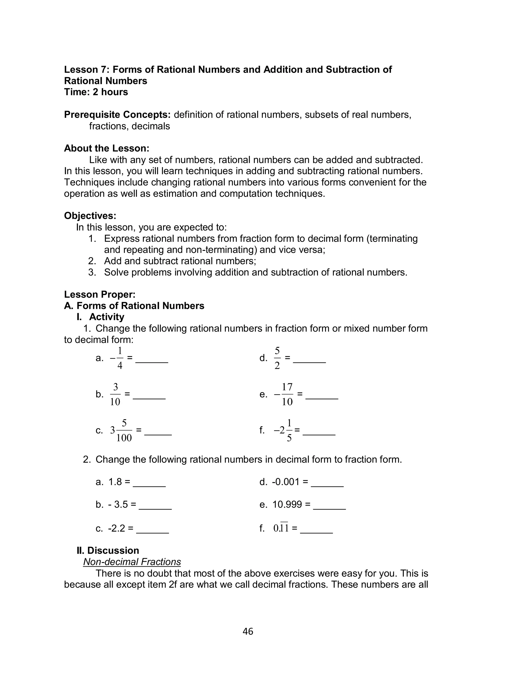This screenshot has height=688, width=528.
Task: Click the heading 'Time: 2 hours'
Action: point(96,92)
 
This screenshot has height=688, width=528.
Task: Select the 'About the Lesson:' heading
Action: point(106,148)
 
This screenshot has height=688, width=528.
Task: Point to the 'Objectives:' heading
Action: point(90,216)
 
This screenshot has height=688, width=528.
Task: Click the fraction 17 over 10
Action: point(287,394)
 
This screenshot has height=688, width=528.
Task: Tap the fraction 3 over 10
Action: point(115,394)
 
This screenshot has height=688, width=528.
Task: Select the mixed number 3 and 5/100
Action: point(121,430)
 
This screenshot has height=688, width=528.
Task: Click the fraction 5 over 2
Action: point(277,358)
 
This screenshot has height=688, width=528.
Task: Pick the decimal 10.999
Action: point(287,504)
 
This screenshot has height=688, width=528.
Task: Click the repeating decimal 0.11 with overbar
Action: point(281,528)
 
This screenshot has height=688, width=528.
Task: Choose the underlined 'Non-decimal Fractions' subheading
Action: point(132,562)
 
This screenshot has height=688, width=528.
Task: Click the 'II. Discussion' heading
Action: point(108,550)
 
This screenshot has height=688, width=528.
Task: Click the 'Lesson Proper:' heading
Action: point(100,294)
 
